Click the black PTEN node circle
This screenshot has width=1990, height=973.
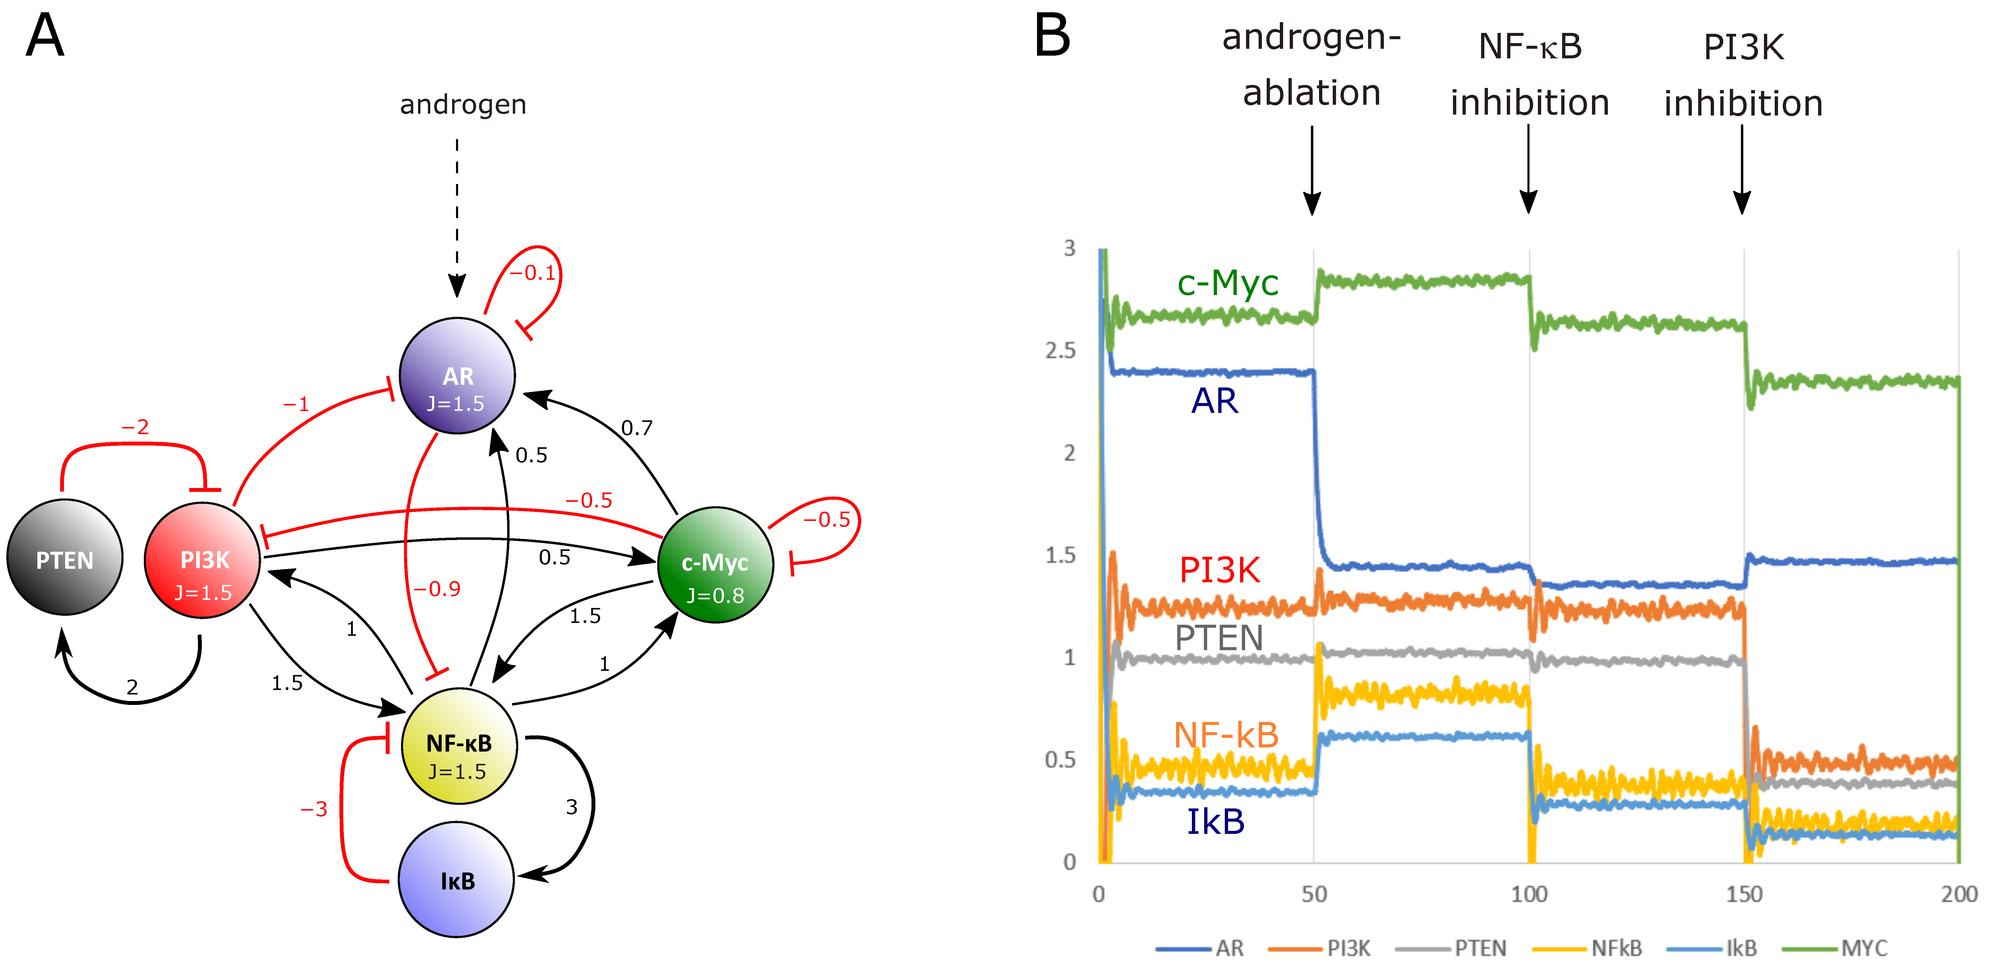65,557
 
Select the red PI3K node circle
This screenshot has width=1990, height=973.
202,560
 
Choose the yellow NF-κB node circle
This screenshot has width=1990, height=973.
459,746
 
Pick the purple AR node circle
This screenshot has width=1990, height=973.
457,376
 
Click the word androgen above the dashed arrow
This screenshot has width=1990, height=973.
463,104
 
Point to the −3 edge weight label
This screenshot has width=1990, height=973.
314,809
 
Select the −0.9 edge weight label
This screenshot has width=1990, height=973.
437,589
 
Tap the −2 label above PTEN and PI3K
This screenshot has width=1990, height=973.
135,427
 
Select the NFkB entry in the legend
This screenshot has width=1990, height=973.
1616,948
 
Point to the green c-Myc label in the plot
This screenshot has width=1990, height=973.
1227,284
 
